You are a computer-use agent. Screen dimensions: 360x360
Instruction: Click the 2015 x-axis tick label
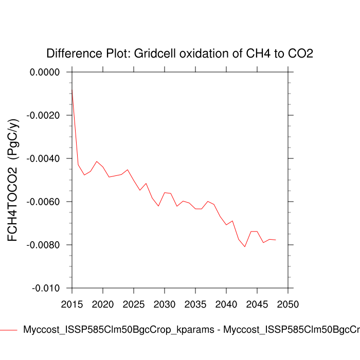[x=72, y=304]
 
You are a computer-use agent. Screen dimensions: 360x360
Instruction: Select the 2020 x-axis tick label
[x=103, y=304]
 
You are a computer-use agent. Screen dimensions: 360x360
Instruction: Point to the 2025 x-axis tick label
[x=134, y=304]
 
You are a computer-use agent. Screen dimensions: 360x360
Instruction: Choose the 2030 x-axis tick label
[x=164, y=304]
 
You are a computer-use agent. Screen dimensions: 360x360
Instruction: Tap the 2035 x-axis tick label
[x=195, y=304]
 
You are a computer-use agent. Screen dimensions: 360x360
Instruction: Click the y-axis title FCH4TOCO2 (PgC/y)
[x=12, y=180]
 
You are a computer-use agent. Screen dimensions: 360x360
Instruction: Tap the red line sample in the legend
[x=9, y=330]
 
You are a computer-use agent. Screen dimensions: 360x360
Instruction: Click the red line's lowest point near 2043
[x=245, y=247]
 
